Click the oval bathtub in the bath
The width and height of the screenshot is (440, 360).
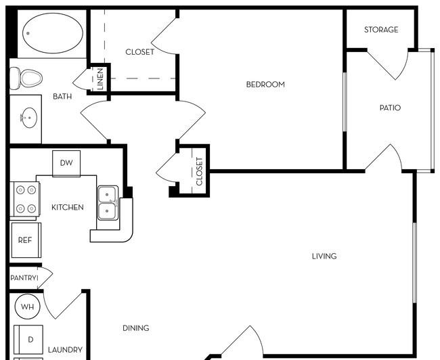(x=53, y=33)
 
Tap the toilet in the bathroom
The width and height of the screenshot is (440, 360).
(x=26, y=78)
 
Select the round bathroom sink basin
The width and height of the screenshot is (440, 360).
(x=30, y=118)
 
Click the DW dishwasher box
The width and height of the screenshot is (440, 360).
(x=66, y=163)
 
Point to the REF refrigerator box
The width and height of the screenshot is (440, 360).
(x=26, y=240)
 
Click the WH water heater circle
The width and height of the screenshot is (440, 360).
(x=27, y=307)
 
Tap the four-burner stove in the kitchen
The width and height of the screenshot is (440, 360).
(x=24, y=200)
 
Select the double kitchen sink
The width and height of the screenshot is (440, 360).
(x=108, y=203)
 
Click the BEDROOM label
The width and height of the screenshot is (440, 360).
(x=265, y=85)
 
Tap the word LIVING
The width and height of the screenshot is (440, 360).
(x=324, y=256)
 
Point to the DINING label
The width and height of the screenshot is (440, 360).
(x=136, y=328)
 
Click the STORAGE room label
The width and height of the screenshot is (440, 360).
(x=381, y=30)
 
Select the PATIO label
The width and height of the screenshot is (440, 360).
(x=390, y=108)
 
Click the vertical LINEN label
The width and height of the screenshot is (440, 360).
(x=100, y=79)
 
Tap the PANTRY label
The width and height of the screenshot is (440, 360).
(x=24, y=278)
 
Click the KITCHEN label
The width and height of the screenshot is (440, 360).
(x=68, y=207)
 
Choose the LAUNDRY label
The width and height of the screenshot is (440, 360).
(x=65, y=350)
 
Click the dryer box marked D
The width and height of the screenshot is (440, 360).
(x=28, y=340)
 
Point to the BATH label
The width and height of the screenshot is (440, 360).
(x=62, y=97)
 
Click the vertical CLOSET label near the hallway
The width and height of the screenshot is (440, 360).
(x=199, y=171)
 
